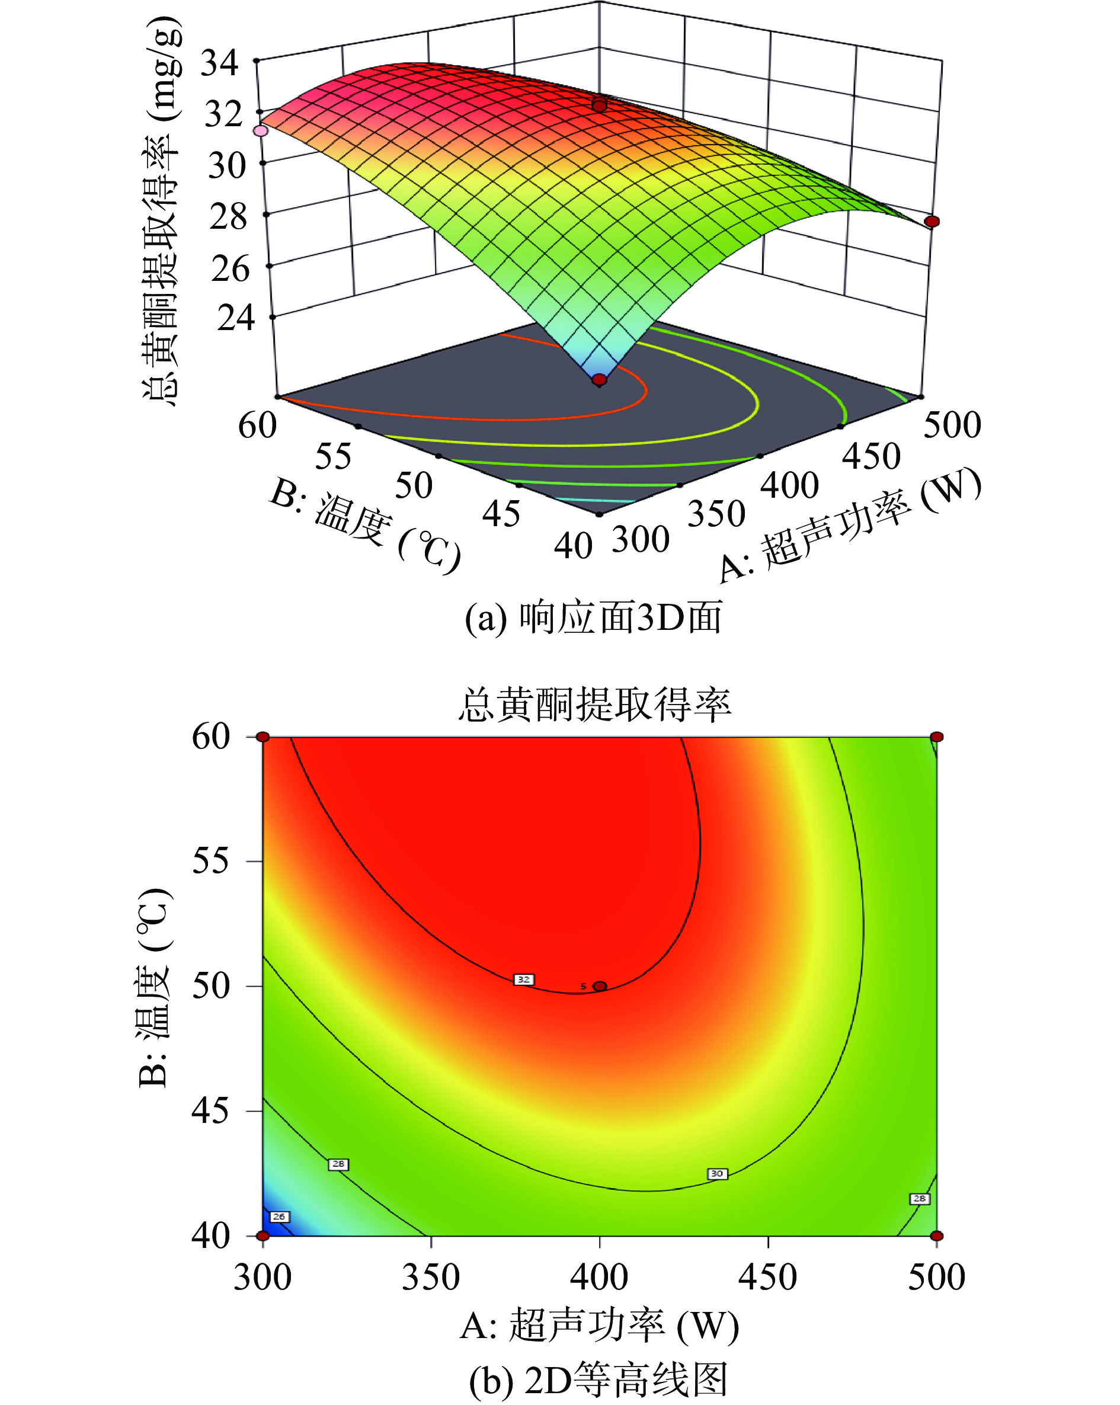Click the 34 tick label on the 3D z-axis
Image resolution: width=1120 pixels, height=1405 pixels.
220,63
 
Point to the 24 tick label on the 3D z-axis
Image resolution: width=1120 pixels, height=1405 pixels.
236,318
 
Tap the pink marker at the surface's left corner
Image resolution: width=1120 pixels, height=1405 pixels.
261,130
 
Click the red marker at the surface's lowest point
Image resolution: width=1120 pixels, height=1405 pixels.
599,379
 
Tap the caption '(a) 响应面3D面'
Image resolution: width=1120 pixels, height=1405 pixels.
593,618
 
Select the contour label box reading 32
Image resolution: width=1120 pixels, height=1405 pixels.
524,980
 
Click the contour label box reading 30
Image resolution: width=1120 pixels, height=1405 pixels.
716,1174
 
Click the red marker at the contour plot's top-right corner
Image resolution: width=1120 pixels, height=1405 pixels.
936,737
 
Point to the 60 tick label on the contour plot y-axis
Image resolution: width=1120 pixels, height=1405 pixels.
210,737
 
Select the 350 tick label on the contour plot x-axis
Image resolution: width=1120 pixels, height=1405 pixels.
431,1277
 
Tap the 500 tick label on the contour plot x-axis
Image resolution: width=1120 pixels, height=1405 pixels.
936,1277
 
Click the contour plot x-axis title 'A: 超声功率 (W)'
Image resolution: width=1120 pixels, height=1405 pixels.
600,1326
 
